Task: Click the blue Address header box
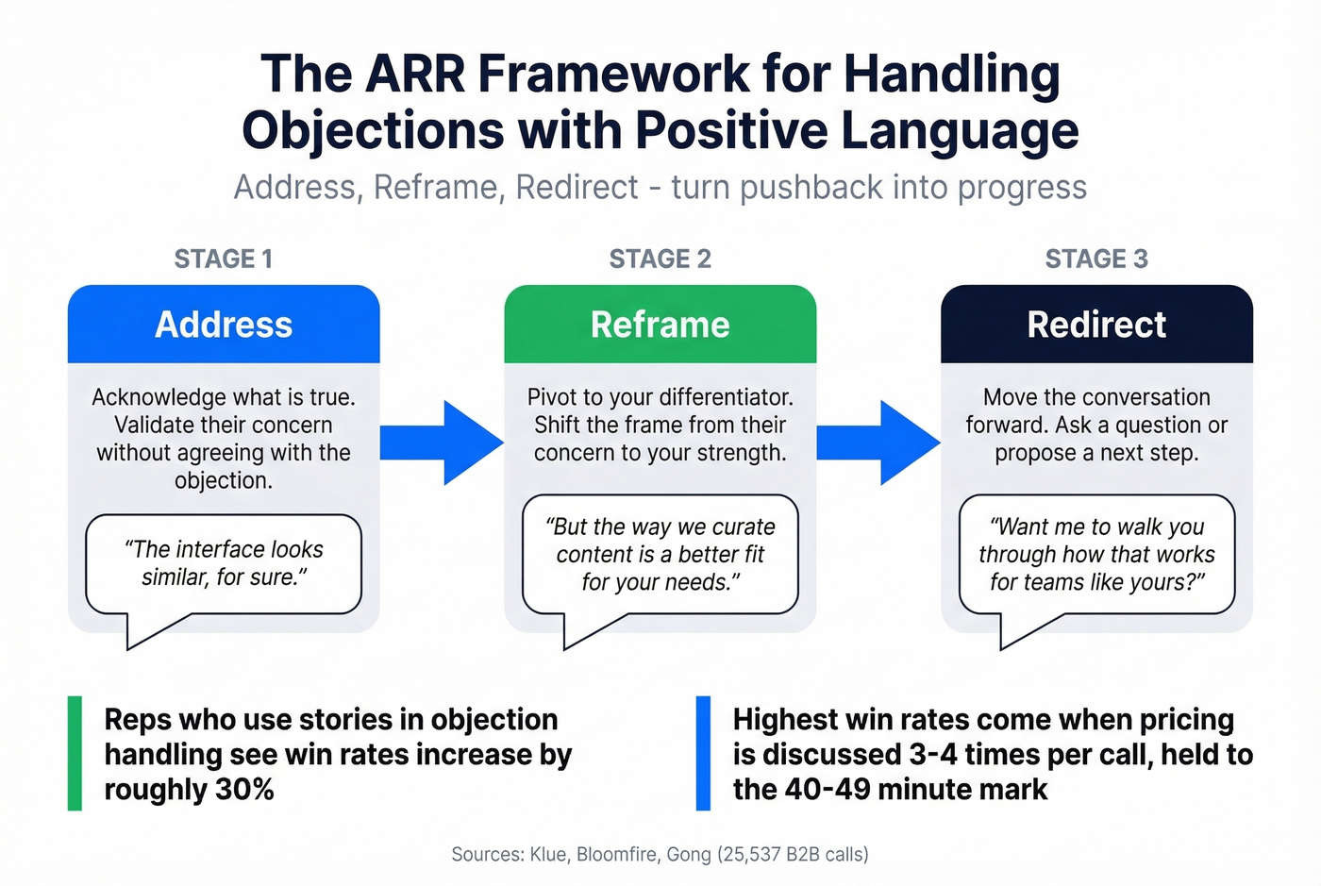[x=224, y=325]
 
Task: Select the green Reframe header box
[x=660, y=325]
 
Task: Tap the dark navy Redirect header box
[x=1096, y=325]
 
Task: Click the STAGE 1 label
[x=224, y=259]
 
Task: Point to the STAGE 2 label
[x=660, y=259]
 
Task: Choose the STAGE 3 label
[x=1096, y=259]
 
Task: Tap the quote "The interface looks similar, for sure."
[x=224, y=563]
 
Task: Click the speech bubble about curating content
[x=660, y=555]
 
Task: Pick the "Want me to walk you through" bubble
[x=1096, y=555]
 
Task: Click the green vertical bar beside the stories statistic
[x=75, y=753]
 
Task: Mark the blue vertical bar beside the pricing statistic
[x=703, y=753]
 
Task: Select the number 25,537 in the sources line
[x=754, y=855]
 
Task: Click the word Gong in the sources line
[x=689, y=855]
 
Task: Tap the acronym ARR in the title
[x=417, y=74]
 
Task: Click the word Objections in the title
[x=373, y=130]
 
